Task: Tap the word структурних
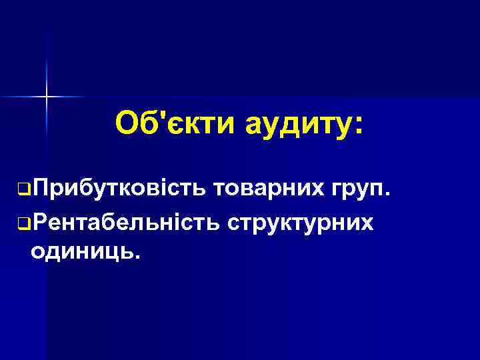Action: [x=299, y=222]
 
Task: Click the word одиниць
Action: [x=81, y=252]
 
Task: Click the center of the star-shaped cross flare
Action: [x=47, y=97]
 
